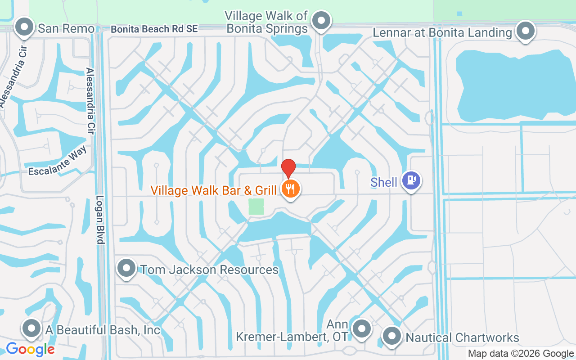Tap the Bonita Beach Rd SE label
point(154,29)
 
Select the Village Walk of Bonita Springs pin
point(321,21)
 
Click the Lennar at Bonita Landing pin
point(525,31)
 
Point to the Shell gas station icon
point(411,181)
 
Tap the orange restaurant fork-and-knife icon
point(291,189)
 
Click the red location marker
point(288,168)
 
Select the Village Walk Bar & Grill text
point(214,191)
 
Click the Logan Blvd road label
point(100,220)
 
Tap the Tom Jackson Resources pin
point(126,268)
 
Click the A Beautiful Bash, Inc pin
point(31,328)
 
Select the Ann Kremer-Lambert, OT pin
point(361,329)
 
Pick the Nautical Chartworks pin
point(391,336)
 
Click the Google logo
point(30,349)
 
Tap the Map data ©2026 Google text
point(521,354)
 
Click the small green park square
point(256,207)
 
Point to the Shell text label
point(384,182)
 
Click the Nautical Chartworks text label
point(462,337)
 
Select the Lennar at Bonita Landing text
point(443,32)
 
